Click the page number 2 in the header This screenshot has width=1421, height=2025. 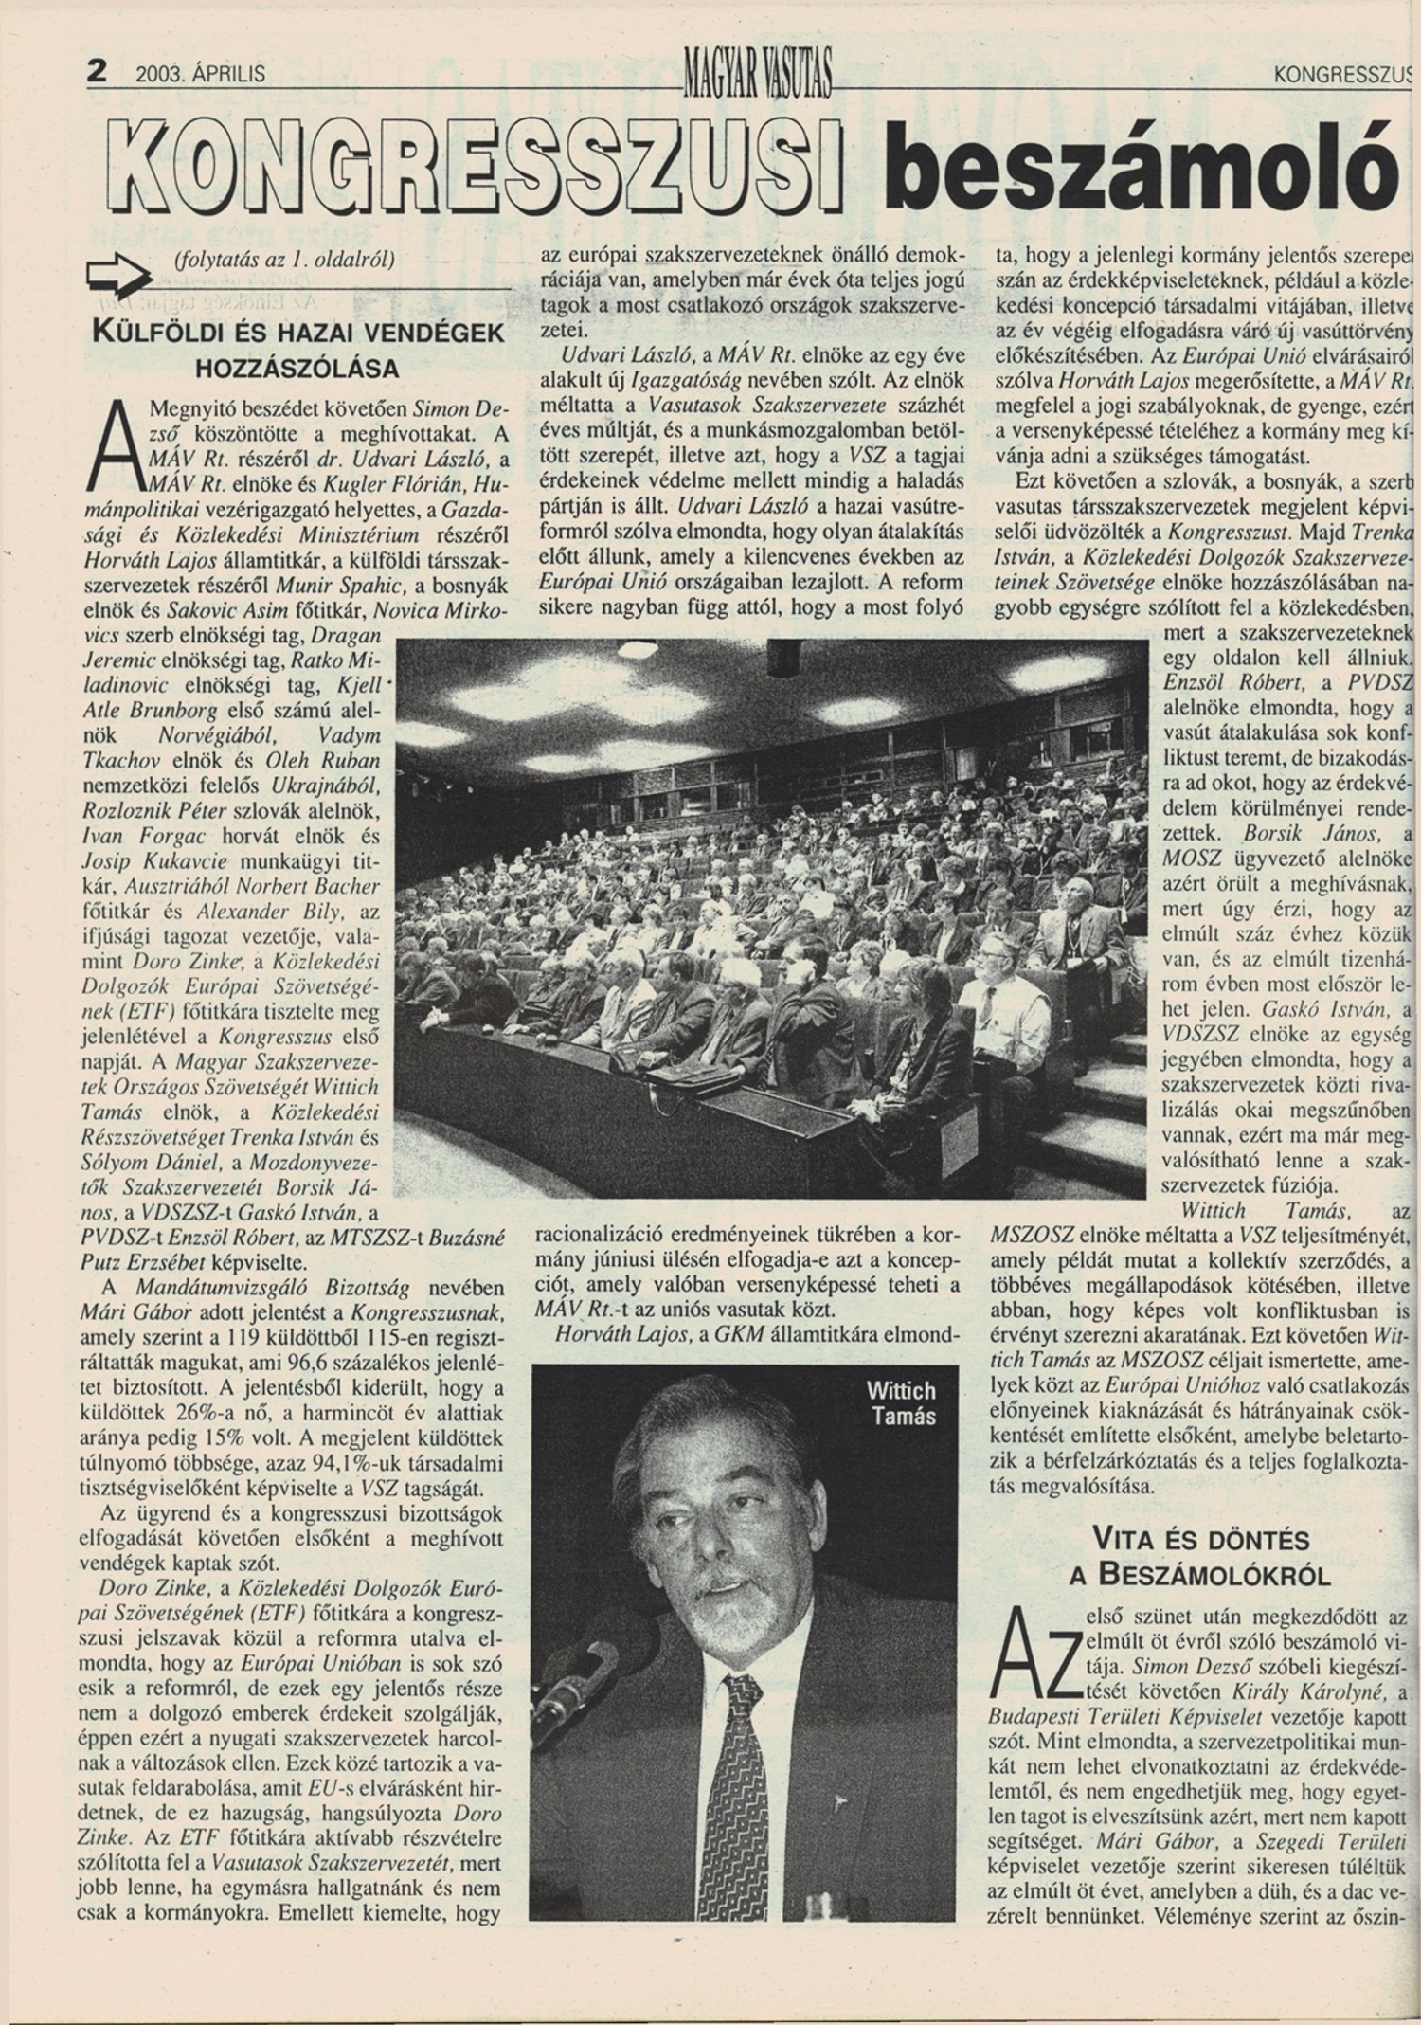[97, 71]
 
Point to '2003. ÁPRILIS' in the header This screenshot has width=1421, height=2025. [200, 74]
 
